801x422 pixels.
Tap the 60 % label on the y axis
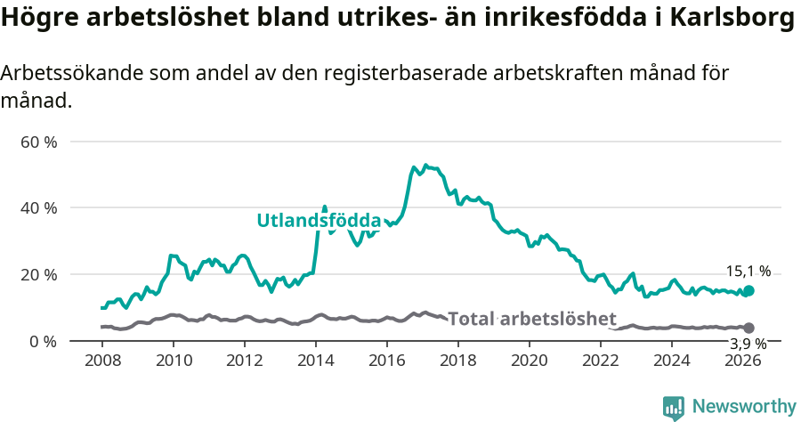pos(38,142)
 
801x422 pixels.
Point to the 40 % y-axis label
pos(38,207)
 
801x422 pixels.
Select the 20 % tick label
pos(38,274)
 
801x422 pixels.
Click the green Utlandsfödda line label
pos(319,221)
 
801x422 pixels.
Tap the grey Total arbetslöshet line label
pos(531,319)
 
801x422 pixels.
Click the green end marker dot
pos(748,290)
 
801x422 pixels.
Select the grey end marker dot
pos(748,328)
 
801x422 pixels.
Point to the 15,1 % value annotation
pos(748,272)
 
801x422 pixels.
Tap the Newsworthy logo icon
pos(674,407)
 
